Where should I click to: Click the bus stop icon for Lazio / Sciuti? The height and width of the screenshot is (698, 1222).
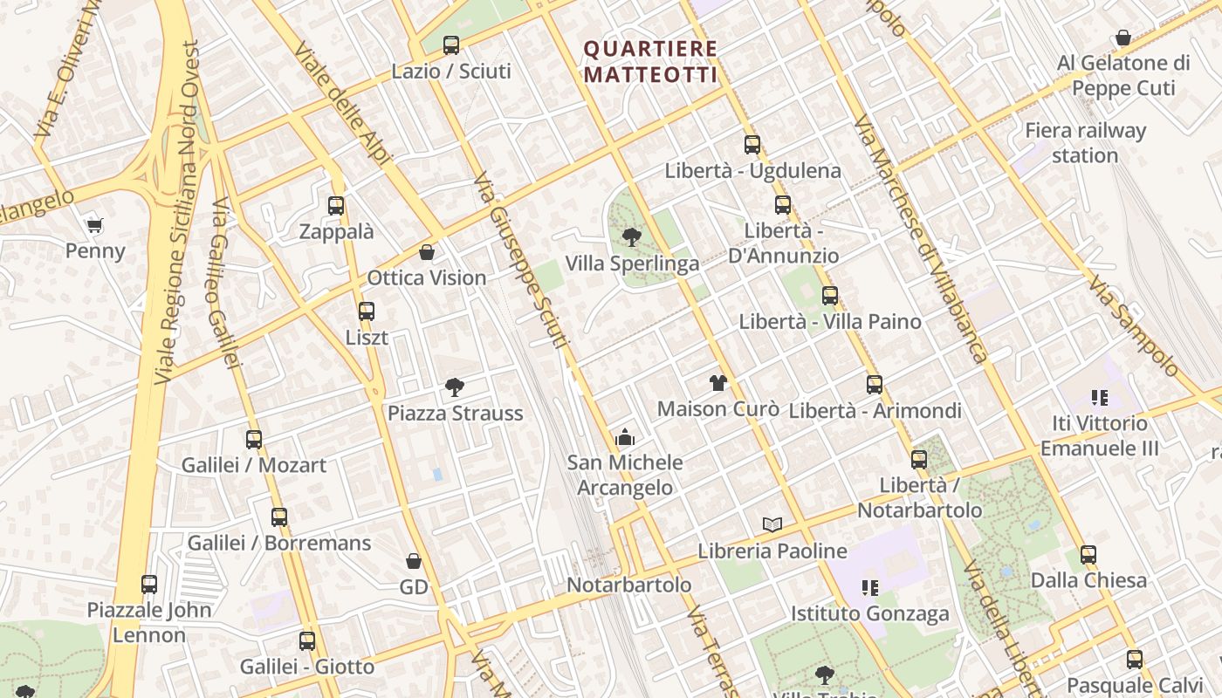[451, 44]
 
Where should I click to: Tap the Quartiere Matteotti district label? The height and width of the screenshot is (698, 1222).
[650, 62]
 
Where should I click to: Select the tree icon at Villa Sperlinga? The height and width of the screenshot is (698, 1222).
[632, 236]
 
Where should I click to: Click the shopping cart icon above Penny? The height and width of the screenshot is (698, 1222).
[95, 225]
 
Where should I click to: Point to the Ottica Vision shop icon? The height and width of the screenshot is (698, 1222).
[427, 252]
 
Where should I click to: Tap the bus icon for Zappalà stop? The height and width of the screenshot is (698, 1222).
[336, 206]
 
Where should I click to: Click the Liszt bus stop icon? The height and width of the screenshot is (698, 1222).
[367, 311]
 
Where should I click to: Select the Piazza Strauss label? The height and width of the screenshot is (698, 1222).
[455, 413]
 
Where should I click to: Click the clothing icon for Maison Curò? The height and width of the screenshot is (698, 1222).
[717, 382]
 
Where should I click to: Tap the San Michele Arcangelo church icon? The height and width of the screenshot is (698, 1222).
[624, 437]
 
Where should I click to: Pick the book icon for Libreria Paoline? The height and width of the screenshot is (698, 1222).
[772, 524]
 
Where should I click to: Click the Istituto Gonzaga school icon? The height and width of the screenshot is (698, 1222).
[869, 587]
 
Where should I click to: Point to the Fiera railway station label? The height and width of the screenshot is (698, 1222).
[1085, 143]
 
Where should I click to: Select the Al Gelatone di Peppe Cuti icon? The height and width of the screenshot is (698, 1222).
[1123, 38]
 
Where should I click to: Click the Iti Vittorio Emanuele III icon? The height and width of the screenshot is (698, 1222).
[1099, 398]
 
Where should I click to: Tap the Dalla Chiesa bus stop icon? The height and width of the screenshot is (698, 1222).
[1088, 554]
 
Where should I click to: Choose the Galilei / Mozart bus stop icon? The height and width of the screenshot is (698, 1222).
[254, 439]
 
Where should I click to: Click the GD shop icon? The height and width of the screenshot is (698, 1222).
[414, 561]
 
